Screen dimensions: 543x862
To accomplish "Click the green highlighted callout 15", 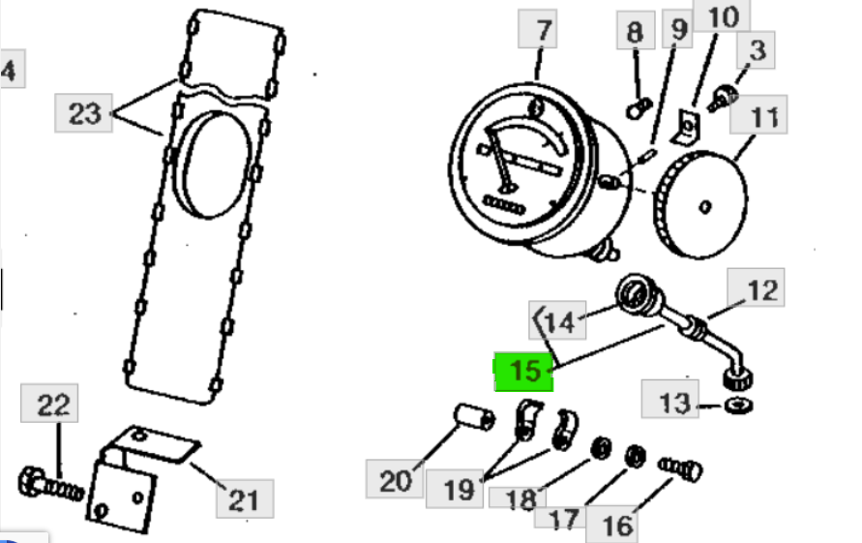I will tap(523, 372).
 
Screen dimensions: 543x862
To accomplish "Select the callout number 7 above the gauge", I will tap(543, 31).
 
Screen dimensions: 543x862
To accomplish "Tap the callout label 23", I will tap(85, 113).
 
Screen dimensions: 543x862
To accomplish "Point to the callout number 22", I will tap(53, 405).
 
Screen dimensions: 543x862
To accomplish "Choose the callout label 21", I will tap(242, 498).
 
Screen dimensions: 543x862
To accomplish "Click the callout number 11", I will tap(763, 117).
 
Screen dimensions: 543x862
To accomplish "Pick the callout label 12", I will tap(762, 288).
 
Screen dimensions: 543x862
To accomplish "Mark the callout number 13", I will tap(676, 400).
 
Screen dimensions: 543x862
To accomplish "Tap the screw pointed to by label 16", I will tap(681, 468).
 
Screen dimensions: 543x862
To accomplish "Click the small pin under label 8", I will tap(636, 109).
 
